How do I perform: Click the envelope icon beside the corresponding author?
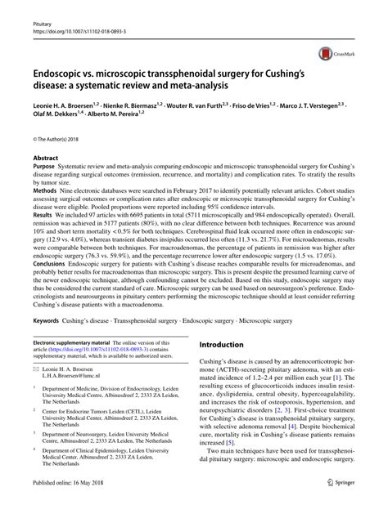click(x=36, y=369)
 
